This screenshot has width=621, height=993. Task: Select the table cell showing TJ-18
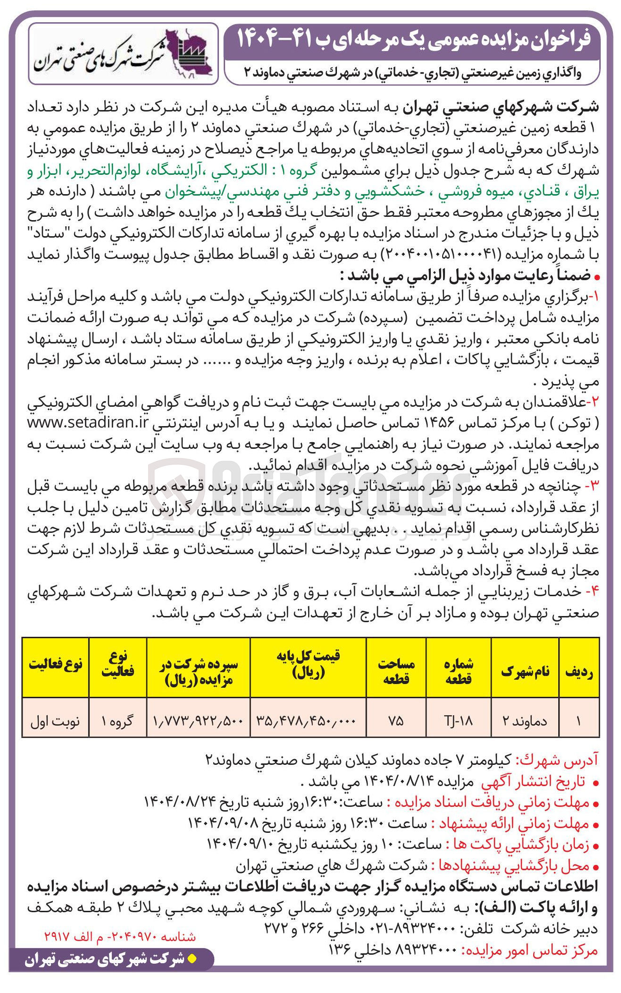[458, 720]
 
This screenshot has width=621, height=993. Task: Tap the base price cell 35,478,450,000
[307, 720]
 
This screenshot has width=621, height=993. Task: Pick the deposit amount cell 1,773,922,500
[198, 720]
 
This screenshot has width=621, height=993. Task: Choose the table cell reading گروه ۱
[117, 720]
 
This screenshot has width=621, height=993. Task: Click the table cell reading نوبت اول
[55, 720]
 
